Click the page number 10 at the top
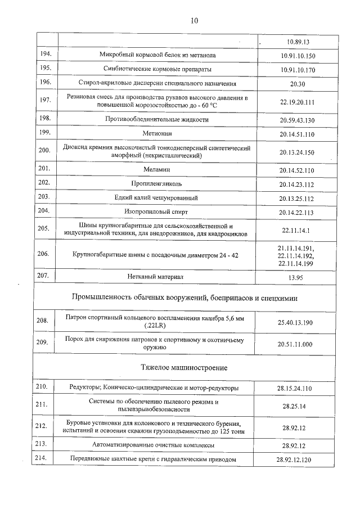193,21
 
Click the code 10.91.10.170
298,69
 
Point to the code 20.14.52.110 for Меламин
296,170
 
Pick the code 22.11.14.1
296,230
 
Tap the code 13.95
296,277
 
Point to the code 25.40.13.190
296,322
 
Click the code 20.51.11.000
296,344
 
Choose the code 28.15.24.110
296,388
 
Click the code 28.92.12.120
296,460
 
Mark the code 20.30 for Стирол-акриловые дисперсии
296,83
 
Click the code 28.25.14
296,406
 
